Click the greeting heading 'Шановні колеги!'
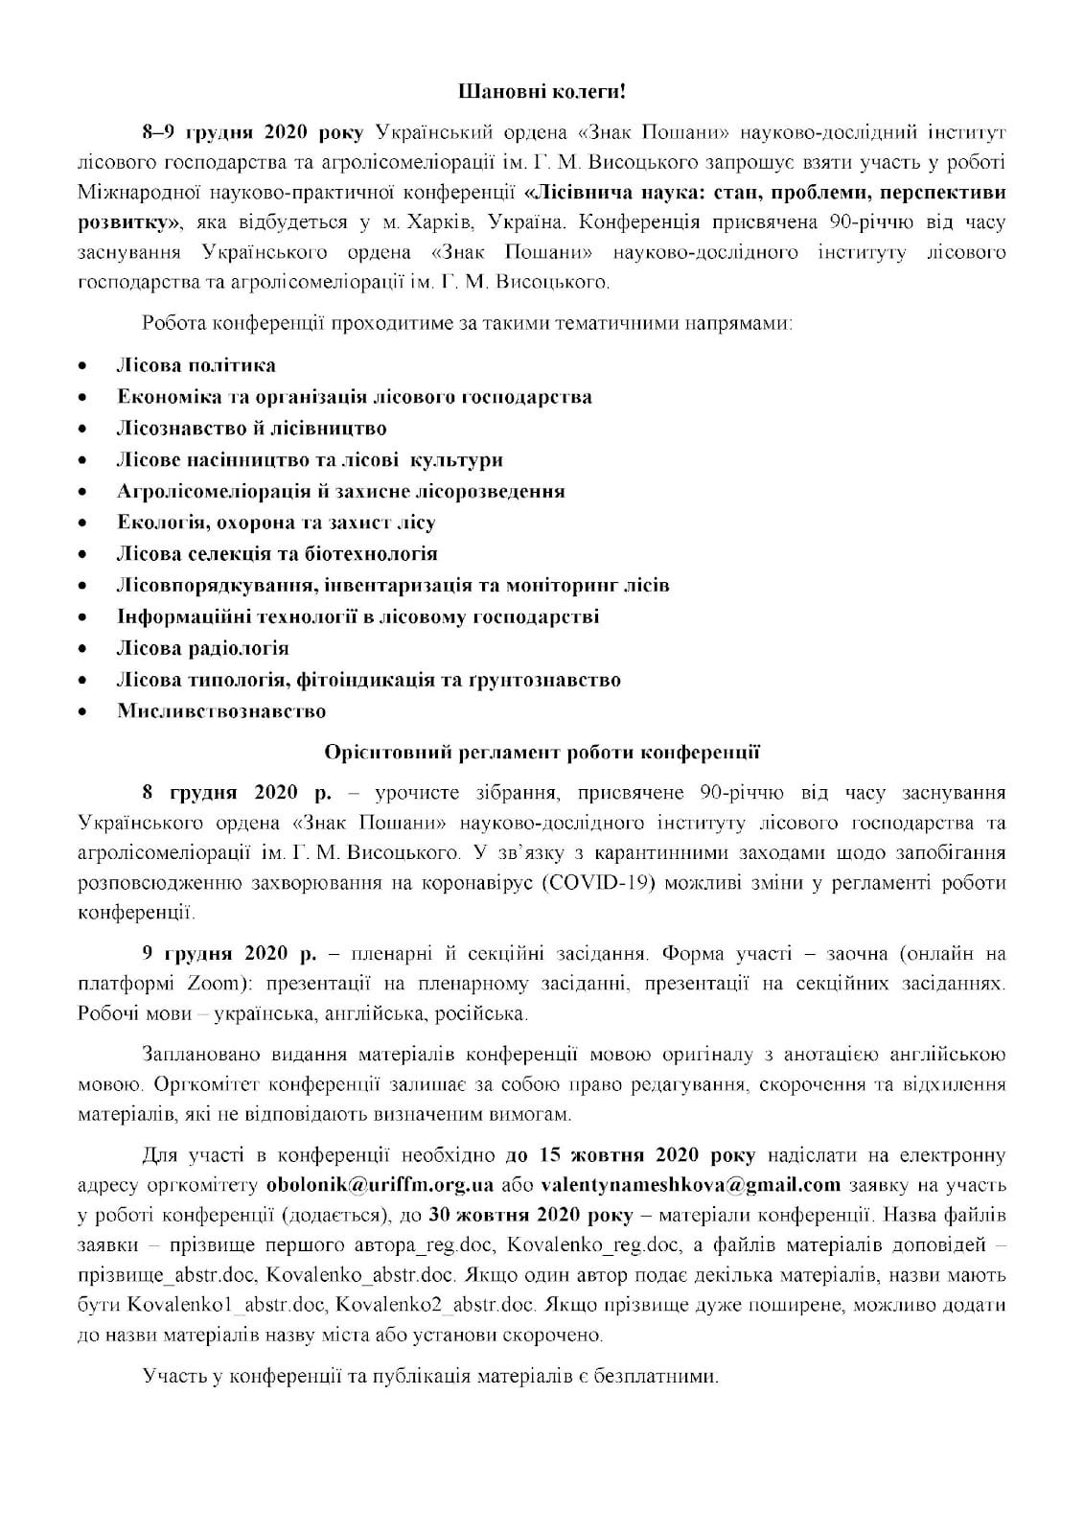[542, 93]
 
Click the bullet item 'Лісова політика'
[196, 365]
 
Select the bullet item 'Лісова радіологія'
[203, 648]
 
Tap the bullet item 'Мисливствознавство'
[221, 711]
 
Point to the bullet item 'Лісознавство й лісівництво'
[252, 429]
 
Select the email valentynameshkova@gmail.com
[690, 1184]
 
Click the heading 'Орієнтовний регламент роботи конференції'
[542, 752]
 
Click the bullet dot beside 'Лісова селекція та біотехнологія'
[84, 555]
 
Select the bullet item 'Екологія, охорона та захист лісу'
[276, 523]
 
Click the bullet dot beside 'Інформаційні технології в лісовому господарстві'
[84, 617]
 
